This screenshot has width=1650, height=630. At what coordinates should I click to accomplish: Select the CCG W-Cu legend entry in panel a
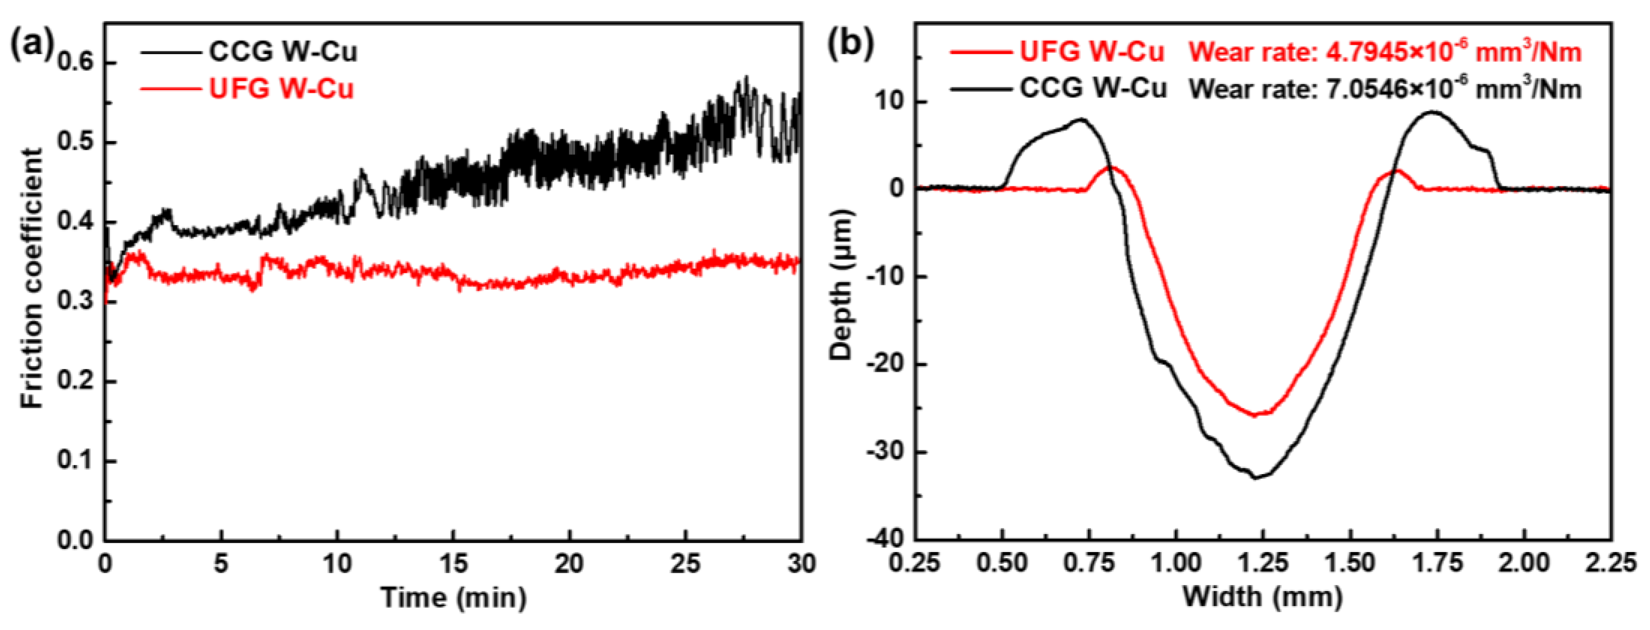(x=282, y=52)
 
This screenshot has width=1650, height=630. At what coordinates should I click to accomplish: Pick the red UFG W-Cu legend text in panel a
(x=281, y=88)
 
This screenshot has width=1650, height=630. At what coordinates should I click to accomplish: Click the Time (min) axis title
(x=454, y=598)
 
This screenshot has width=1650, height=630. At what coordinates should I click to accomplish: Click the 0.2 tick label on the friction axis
(x=75, y=381)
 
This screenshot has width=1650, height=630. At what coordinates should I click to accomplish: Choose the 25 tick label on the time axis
(x=685, y=564)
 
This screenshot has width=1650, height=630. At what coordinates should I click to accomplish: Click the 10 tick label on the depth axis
(x=890, y=102)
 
